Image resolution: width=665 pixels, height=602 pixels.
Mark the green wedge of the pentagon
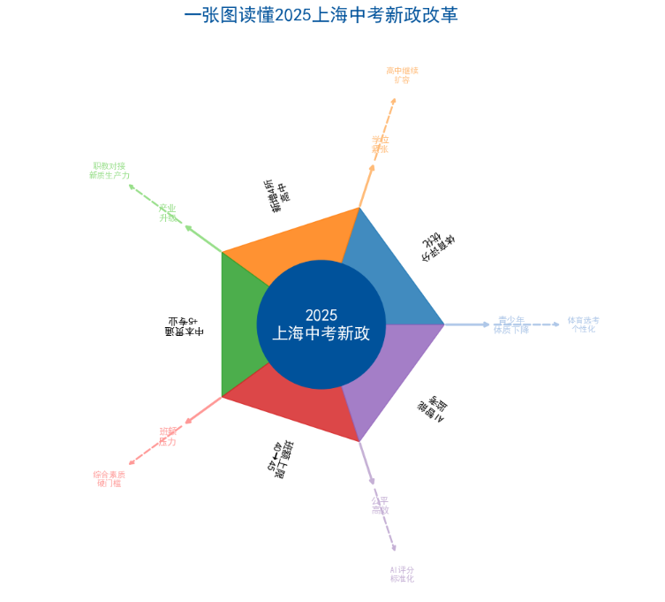(x=241, y=324)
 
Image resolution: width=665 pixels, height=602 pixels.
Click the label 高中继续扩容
(x=402, y=74)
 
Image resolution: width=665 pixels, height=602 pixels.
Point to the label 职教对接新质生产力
(x=109, y=171)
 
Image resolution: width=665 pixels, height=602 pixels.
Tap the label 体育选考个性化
(x=583, y=324)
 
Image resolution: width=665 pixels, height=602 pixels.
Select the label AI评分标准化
(x=402, y=575)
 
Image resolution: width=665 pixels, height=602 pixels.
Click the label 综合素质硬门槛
(x=109, y=478)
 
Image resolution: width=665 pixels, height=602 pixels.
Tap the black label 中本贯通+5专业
(x=184, y=325)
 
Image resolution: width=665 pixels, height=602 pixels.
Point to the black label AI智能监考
(x=433, y=408)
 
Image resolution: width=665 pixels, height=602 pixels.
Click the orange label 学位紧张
(x=381, y=143)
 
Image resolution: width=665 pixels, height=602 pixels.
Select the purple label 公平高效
(x=381, y=505)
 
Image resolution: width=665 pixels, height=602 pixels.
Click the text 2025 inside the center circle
(x=321, y=315)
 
